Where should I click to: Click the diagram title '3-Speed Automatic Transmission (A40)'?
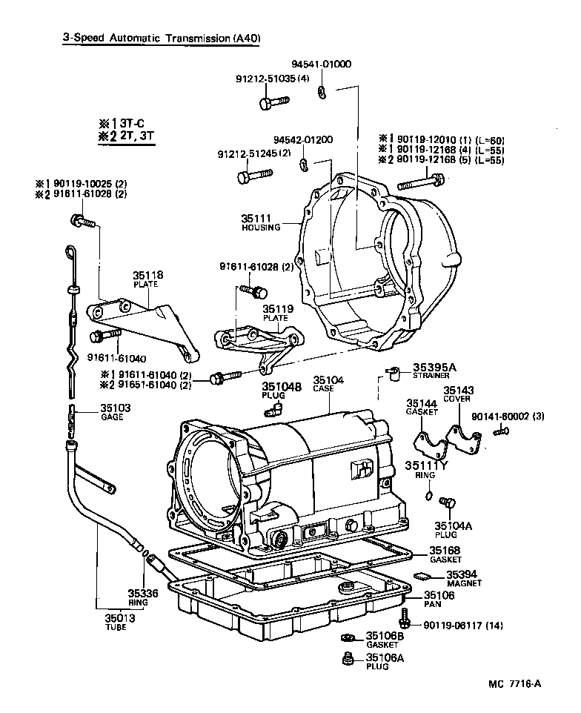161,38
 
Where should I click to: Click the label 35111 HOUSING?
260,222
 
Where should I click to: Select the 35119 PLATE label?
276,312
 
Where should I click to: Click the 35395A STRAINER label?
435,370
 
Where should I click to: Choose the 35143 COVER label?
458,394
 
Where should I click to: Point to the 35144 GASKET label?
421,408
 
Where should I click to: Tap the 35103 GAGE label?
116,411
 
